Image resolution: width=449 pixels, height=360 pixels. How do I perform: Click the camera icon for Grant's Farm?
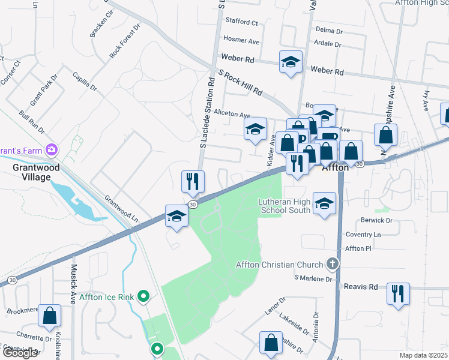tap(52, 148)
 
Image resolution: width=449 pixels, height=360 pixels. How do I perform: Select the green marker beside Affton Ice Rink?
tap(143, 296)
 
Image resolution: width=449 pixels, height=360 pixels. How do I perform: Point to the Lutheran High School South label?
tap(284, 206)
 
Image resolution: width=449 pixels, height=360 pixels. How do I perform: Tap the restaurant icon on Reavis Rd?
tap(398, 294)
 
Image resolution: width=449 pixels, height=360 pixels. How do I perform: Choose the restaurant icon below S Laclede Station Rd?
tap(193, 181)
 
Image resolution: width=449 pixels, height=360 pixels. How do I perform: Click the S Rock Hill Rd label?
tap(241, 83)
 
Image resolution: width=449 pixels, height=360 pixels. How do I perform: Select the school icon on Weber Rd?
tap(291, 62)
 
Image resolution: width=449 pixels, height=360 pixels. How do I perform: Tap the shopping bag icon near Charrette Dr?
tap(50, 315)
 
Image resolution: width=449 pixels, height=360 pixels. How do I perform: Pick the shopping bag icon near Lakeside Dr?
tap(271, 343)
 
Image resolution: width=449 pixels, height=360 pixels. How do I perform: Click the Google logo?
tap(20, 353)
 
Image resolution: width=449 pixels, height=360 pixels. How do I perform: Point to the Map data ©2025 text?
tap(423, 355)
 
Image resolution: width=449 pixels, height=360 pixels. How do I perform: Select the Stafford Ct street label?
tap(241, 22)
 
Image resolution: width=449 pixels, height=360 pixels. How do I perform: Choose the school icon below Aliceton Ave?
tap(255, 129)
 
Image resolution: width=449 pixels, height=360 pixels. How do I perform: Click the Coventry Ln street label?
tap(363, 235)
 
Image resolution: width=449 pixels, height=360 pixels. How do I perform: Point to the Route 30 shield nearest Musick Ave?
tap(12, 280)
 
